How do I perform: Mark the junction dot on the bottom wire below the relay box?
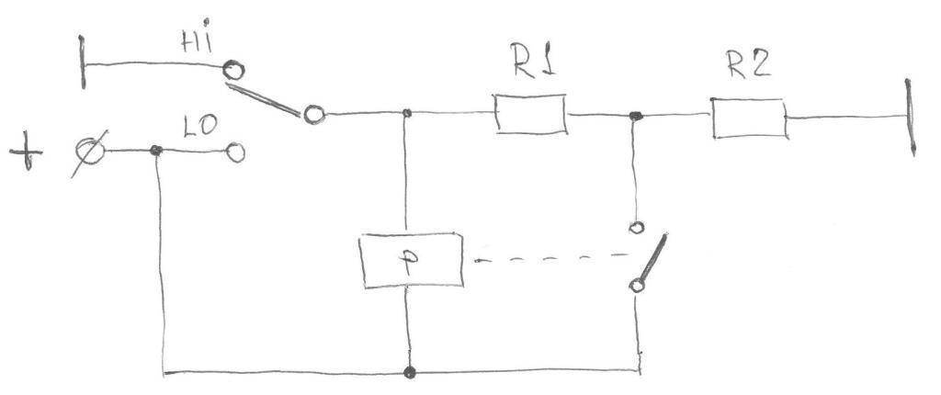(409, 373)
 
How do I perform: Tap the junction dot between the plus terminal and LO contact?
(156, 150)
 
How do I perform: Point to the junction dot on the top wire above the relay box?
(406, 113)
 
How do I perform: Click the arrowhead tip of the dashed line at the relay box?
(474, 261)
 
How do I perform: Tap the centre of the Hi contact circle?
(233, 71)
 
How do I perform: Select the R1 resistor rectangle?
(530, 114)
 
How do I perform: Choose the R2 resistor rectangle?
(749, 118)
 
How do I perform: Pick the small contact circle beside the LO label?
(235, 152)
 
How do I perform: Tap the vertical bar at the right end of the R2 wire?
(911, 118)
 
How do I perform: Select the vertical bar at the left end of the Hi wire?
(82, 62)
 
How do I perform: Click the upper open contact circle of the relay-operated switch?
(636, 228)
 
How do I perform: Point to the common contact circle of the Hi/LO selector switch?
(314, 114)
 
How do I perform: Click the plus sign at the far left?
(26, 152)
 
